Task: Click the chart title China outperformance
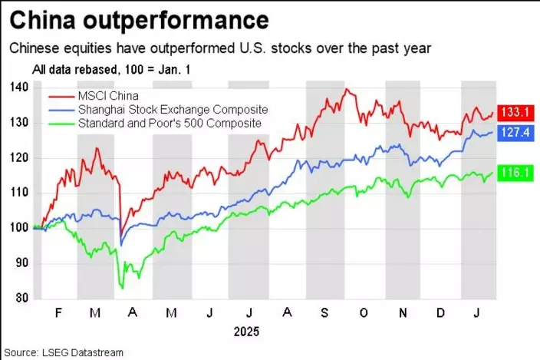pyautogui.click(x=139, y=18)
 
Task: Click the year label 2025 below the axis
pyautogui.click(x=247, y=332)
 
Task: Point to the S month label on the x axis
pyautogui.click(x=325, y=314)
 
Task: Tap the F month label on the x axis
pyautogui.click(x=58, y=314)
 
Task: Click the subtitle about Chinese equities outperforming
pyautogui.click(x=221, y=48)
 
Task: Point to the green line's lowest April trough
pyautogui.click(x=121, y=288)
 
